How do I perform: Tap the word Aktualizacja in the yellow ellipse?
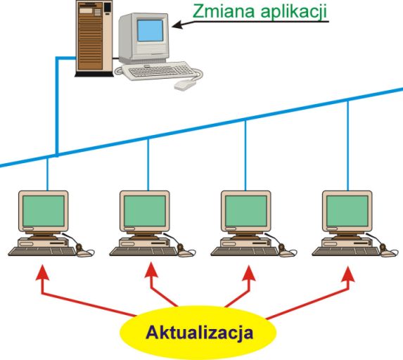pyautogui.click(x=199, y=333)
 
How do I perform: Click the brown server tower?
pyautogui.click(x=94, y=38)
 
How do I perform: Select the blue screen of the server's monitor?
pyautogui.click(x=151, y=31)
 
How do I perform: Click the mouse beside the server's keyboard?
pyautogui.click(x=184, y=84)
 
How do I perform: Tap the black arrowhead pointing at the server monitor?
pyautogui.click(x=178, y=25)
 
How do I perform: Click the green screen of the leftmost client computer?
pyautogui.click(x=44, y=211)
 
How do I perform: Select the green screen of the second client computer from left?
pyautogui.click(x=145, y=211)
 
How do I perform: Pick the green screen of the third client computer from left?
pyautogui.click(x=246, y=211)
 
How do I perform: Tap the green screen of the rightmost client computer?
pyautogui.click(x=347, y=211)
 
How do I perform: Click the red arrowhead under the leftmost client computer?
pyautogui.click(x=42, y=272)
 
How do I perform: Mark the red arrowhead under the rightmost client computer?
pyautogui.click(x=348, y=274)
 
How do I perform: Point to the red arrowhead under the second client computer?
pyautogui.click(x=151, y=270)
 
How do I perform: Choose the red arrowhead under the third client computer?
pyautogui.click(x=249, y=273)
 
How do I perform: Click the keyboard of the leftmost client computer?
pyautogui.click(x=42, y=251)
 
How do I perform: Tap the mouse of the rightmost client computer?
pyautogui.click(x=388, y=253)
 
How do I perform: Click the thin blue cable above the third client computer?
pyautogui.click(x=245, y=155)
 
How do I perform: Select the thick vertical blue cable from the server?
pyautogui.click(x=57, y=107)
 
